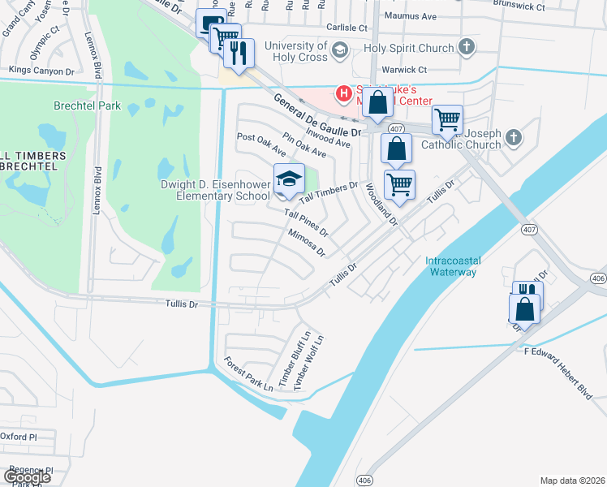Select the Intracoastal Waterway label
pos(451,266)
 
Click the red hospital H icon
pos(344,93)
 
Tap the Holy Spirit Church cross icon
pos(466,47)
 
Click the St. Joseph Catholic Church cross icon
pos(513,139)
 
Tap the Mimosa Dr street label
pos(306,242)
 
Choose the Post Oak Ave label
pos(261,144)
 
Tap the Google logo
pos(28,477)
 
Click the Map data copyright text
pos(572,481)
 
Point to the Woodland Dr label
pos(380,204)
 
